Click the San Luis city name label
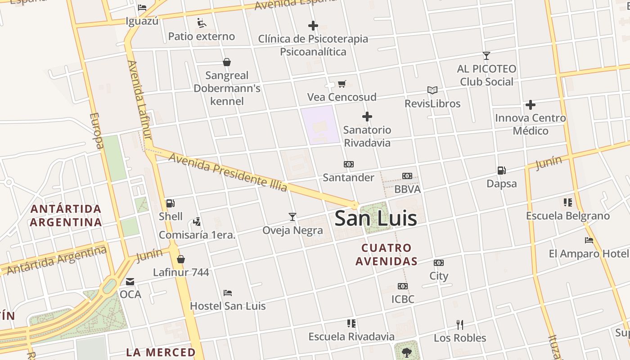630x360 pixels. pyautogui.click(x=376, y=219)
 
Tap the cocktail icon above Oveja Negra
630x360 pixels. pyautogui.click(x=292, y=217)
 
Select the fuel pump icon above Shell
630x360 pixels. pyautogui.click(x=170, y=203)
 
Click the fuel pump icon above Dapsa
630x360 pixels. pyautogui.click(x=501, y=171)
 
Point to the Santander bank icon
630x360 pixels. pyautogui.click(x=348, y=164)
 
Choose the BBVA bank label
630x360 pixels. pyautogui.click(x=407, y=189)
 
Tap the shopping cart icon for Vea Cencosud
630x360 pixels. pyautogui.click(x=342, y=84)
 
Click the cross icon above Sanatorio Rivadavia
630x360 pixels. pyautogui.click(x=367, y=117)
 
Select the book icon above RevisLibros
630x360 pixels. pyautogui.click(x=432, y=90)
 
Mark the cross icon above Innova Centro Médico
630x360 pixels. pyautogui.click(x=531, y=105)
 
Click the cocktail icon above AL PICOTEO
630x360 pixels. pyautogui.click(x=486, y=56)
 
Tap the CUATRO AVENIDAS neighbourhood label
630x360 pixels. pyautogui.click(x=387, y=254)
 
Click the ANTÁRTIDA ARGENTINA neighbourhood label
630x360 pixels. pyautogui.click(x=66, y=216)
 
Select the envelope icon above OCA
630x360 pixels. pyautogui.click(x=130, y=282)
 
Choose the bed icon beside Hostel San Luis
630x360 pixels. pyautogui.click(x=228, y=293)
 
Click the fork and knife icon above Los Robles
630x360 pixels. pyautogui.click(x=460, y=324)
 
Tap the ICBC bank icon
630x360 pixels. pyautogui.click(x=403, y=286)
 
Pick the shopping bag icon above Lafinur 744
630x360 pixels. pyautogui.click(x=181, y=259)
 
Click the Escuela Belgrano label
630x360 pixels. pyautogui.click(x=568, y=216)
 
